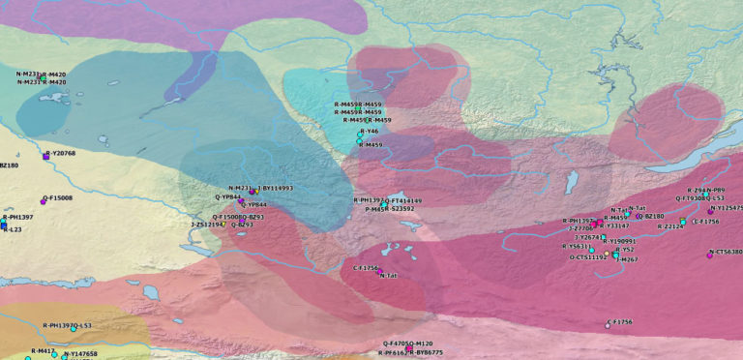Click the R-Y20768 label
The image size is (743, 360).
(61, 153)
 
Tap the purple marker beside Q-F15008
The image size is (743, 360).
(44, 200)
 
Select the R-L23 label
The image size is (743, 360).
(13, 229)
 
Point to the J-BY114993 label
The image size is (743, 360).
(276, 188)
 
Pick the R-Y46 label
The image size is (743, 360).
(369, 131)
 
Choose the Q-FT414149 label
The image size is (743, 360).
(404, 200)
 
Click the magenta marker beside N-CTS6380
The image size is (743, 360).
(710, 255)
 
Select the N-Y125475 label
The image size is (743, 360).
(728, 208)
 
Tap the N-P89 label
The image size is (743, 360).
(717, 191)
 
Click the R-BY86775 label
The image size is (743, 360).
(426, 353)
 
